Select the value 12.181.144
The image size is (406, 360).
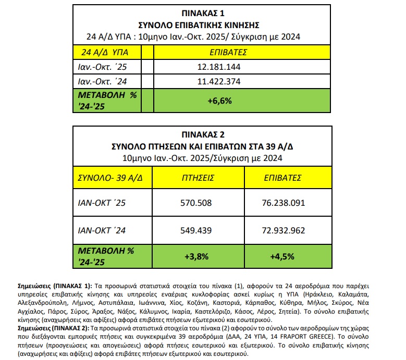(219, 67)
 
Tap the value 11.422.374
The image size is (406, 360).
(219, 81)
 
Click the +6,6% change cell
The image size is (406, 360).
(219, 101)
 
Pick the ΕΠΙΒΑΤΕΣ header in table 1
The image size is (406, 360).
(227, 53)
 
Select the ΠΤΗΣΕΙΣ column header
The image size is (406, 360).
(198, 178)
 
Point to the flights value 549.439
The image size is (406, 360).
(199, 230)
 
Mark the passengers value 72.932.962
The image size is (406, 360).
(284, 230)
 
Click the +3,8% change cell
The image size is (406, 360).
(198, 256)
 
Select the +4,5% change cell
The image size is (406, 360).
(284, 256)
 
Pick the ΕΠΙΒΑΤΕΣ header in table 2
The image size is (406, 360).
(284, 178)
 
